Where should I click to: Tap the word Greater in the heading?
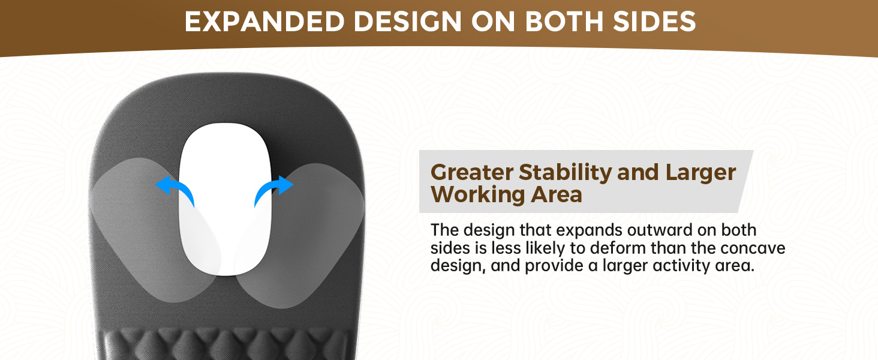tap(471, 173)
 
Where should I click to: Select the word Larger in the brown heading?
tap(699, 173)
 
